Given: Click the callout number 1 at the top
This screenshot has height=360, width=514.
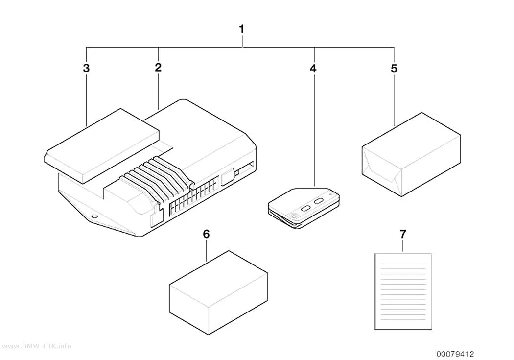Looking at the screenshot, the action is point(242,29).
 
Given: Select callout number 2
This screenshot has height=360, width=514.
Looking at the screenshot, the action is point(158,68).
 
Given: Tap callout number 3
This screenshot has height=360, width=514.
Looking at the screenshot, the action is point(86,68).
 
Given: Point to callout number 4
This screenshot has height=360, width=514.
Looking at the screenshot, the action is point(313,69).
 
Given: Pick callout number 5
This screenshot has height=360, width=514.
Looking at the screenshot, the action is point(394,69).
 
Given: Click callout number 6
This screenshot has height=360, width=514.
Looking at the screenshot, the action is point(206,234).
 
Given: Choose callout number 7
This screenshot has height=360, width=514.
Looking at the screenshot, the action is point(403,234).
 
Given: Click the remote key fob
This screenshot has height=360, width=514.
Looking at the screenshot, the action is point(304,208).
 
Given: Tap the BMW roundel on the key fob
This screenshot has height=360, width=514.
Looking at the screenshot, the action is point(293,216).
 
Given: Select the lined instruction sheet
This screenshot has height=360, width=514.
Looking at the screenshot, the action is point(403,291).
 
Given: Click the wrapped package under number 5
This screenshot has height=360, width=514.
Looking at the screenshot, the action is point(411,155).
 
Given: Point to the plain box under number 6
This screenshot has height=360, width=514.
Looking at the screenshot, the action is point(218,293).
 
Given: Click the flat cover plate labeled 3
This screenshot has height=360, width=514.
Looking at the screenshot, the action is point(102,146).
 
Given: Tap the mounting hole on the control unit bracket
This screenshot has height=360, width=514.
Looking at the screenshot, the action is point(94,216).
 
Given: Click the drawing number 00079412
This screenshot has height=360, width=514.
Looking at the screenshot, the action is point(455,354).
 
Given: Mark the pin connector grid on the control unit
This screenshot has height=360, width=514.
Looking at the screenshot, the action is point(194,197).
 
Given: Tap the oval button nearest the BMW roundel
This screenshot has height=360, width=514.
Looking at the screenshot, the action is point(305,208).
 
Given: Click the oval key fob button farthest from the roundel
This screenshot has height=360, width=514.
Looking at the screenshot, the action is point(319,201).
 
